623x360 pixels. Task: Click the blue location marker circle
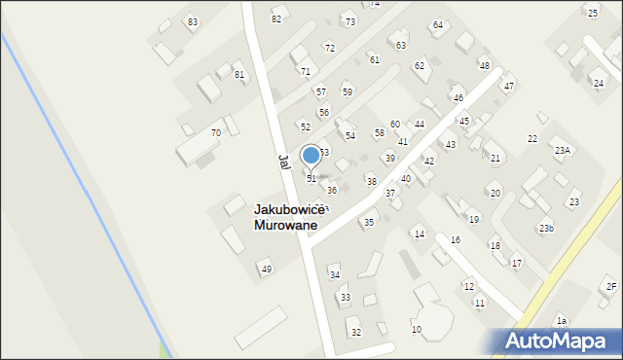tap(311, 155)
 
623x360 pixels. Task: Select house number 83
tap(193, 22)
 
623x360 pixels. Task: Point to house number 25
tap(593, 13)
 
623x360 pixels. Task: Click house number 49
tap(265, 269)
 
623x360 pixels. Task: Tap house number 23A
tap(563, 151)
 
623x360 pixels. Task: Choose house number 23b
tap(546, 229)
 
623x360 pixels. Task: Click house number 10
tap(417, 330)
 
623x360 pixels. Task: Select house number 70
tap(216, 132)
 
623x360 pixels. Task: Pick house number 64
tap(438, 24)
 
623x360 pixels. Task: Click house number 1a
tap(561, 321)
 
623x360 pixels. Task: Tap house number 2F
tap(611, 286)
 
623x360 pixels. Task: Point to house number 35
tap(368, 223)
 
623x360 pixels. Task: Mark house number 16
tap(455, 239)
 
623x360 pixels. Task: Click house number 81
tap(239, 74)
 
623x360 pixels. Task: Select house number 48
tap(484, 65)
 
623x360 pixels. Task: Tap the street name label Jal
tap(283, 162)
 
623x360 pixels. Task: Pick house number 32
tap(356, 333)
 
